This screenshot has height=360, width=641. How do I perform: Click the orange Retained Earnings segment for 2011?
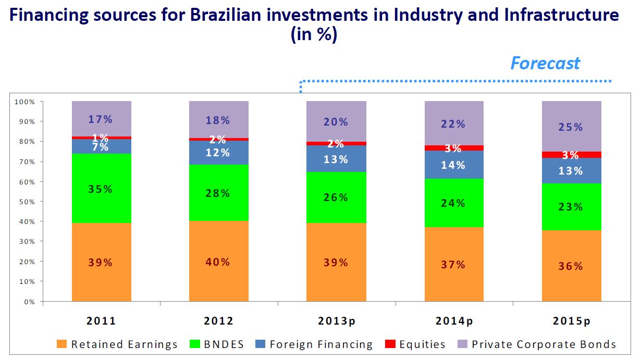coord(102,240)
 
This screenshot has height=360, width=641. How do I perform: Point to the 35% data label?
coord(100,189)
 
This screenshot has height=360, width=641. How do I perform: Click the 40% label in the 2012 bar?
coord(218,262)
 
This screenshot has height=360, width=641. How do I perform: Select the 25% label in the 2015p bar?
coord(571,127)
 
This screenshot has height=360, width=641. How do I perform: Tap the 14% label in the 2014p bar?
coord(453,166)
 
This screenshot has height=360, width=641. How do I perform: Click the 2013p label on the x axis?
coord(336,321)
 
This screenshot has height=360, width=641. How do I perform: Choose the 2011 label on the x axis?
coord(101,321)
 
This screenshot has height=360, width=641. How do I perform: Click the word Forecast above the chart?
coord(545,63)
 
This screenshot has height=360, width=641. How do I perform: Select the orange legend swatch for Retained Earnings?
coord(62,344)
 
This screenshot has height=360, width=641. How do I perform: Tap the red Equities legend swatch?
coord(389,344)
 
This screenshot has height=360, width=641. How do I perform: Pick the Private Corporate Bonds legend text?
coord(544,344)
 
